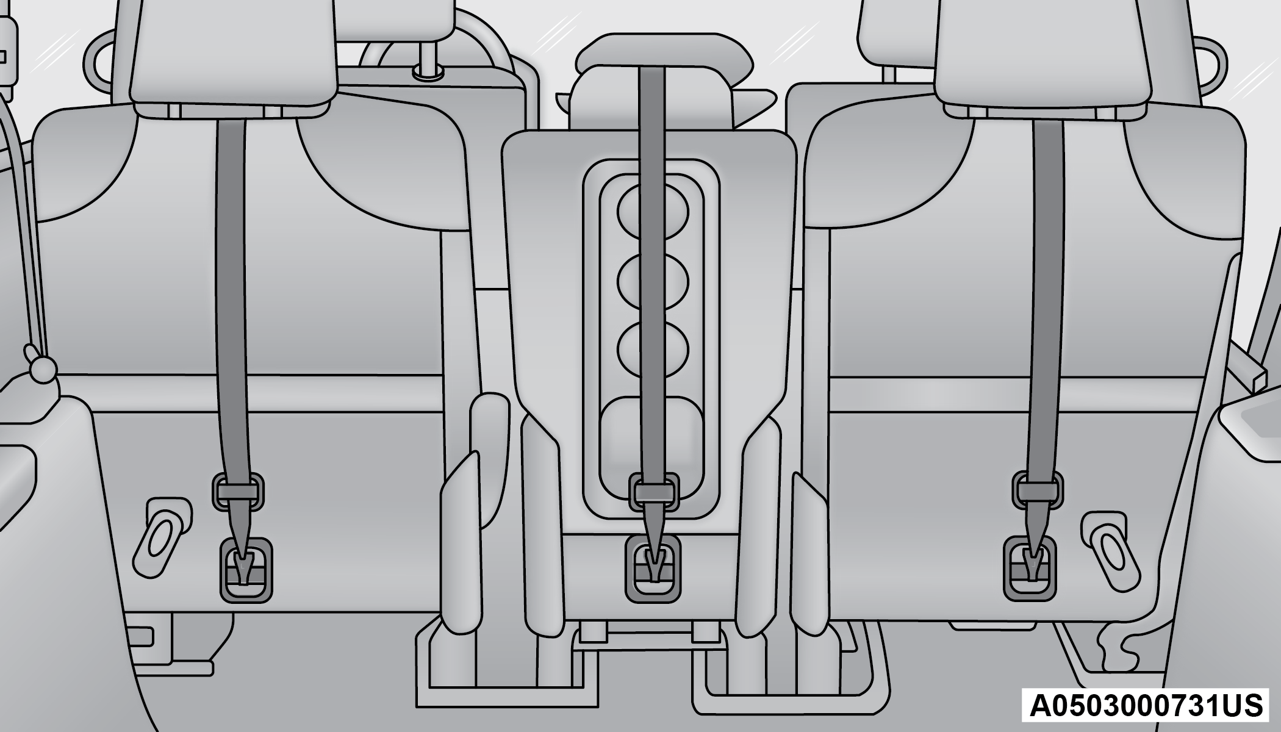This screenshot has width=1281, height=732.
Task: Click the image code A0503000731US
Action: (x=1146, y=706)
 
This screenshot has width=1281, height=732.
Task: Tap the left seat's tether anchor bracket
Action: (x=246, y=570)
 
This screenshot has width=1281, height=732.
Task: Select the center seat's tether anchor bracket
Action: (x=653, y=569)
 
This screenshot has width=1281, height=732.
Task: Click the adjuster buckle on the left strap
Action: (x=239, y=492)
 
